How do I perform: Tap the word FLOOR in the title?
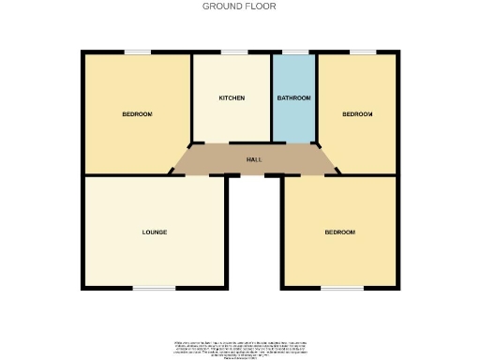point(262,6)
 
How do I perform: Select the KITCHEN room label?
point(232,97)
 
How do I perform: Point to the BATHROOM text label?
point(293,97)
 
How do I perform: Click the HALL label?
point(254,160)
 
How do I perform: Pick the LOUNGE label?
point(155,232)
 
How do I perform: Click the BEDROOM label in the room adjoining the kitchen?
point(137,114)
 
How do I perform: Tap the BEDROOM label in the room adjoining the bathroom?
point(357,114)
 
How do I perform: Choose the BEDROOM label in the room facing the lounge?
point(340,232)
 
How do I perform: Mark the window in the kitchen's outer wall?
point(233,52)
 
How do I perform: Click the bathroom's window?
point(294,52)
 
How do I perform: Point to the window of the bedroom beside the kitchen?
point(138,52)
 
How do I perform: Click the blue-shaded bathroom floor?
point(293,122)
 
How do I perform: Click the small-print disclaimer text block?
point(240,346)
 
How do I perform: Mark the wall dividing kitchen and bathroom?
point(271,97)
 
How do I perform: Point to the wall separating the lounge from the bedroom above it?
point(127,175)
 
